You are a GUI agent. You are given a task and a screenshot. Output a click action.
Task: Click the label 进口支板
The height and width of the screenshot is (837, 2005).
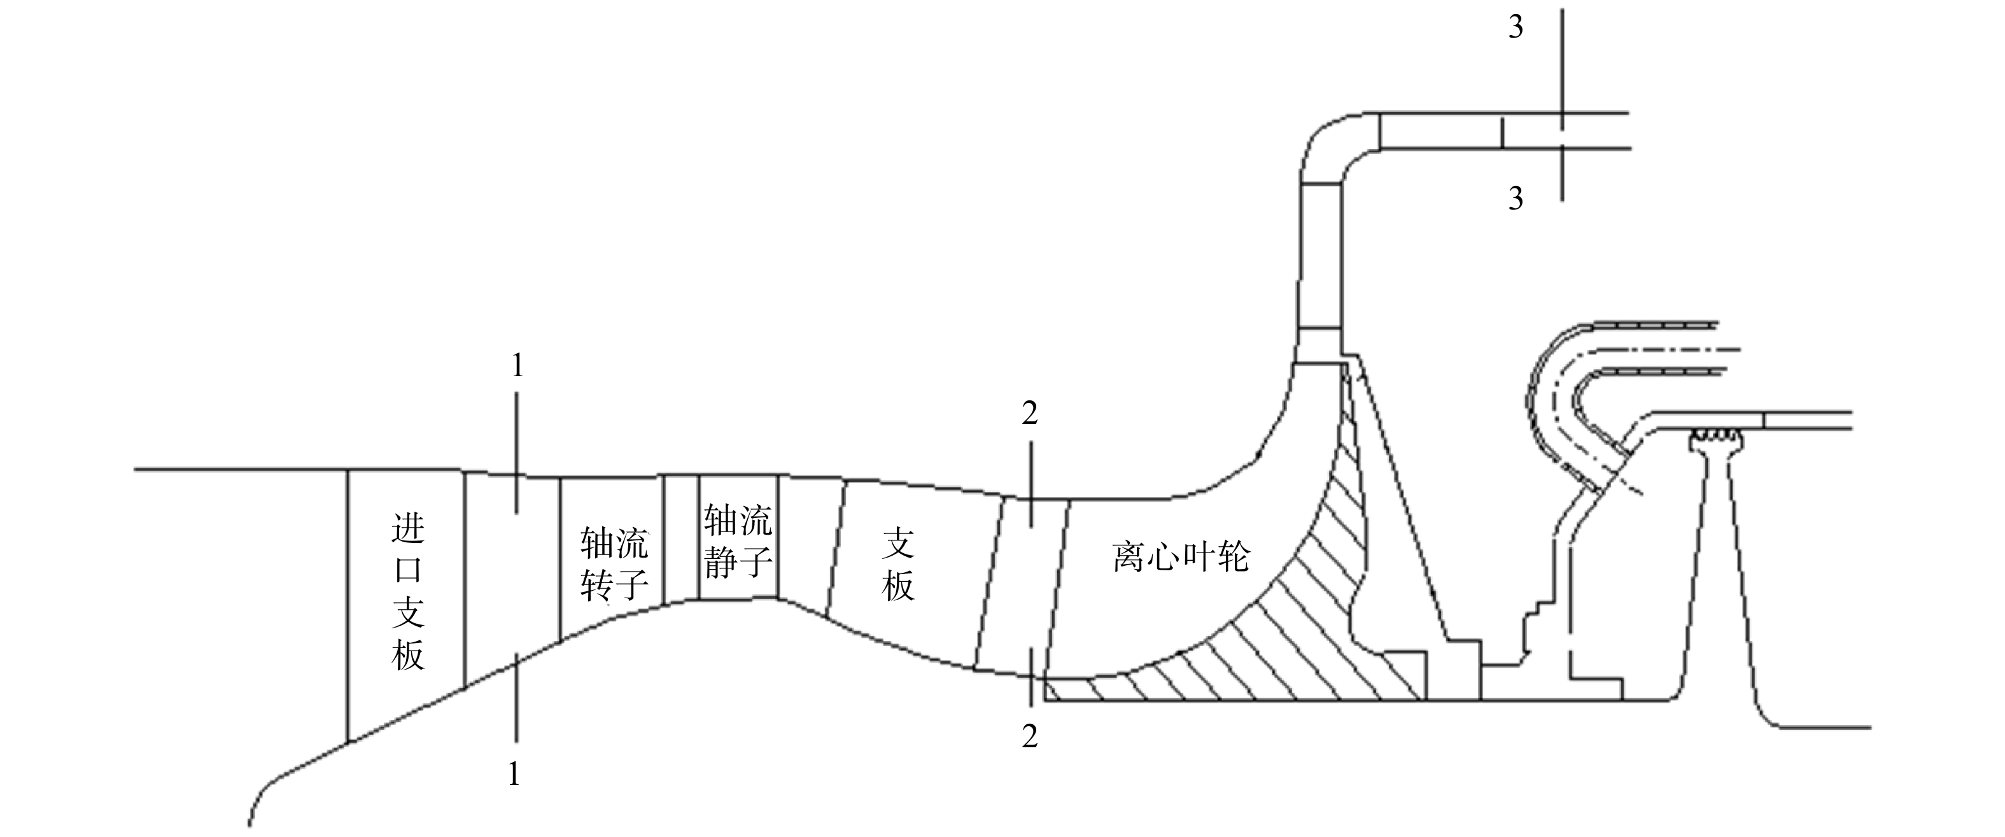click(408, 592)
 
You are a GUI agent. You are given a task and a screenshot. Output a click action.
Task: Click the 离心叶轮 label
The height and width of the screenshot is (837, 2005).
click(1181, 556)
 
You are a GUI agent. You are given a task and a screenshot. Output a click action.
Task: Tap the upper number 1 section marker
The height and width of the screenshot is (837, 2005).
click(517, 365)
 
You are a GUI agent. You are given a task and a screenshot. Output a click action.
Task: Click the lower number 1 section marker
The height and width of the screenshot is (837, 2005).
click(513, 774)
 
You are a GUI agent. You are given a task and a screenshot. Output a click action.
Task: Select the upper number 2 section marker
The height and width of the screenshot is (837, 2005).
click(1030, 414)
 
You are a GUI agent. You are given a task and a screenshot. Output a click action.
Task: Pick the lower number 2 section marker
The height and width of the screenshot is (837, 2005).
click(1030, 736)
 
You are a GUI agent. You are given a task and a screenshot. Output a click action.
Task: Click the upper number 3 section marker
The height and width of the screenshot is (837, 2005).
click(1516, 27)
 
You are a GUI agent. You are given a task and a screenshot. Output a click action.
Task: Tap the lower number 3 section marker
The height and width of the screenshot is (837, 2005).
click(1516, 199)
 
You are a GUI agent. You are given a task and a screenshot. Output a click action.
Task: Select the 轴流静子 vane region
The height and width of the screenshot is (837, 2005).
click(738, 537)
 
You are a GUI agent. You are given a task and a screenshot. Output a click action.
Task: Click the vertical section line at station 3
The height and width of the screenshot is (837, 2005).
click(1561, 104)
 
